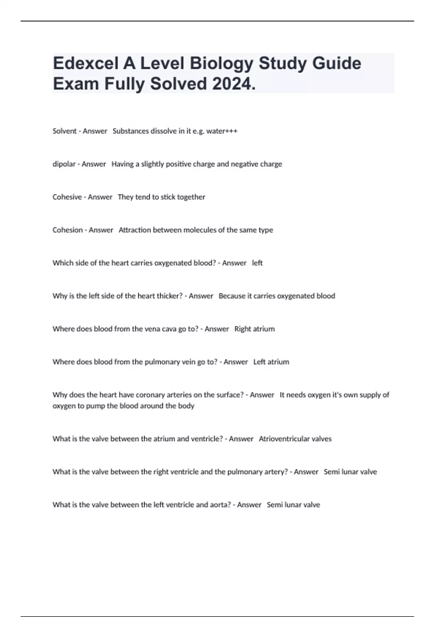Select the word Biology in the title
point(221,64)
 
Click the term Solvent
point(65,131)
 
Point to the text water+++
point(221,131)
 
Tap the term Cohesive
point(67,197)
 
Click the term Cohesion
point(67,230)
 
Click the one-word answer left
point(257,263)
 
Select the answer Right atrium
point(254,329)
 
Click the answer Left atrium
point(271,362)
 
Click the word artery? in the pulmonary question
point(276,472)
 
